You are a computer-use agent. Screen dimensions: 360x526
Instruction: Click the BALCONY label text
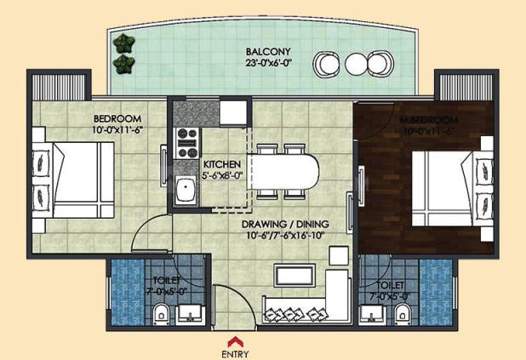[x=262, y=49]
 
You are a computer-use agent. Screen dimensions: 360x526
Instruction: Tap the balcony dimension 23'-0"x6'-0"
[x=262, y=61]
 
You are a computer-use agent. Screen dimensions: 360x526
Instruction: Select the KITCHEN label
[x=221, y=163]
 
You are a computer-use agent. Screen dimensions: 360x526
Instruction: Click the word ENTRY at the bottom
[x=235, y=352]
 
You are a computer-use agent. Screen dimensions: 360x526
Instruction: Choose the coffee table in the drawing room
[x=294, y=276]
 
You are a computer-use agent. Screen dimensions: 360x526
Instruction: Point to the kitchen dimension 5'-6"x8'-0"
[x=221, y=176]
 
